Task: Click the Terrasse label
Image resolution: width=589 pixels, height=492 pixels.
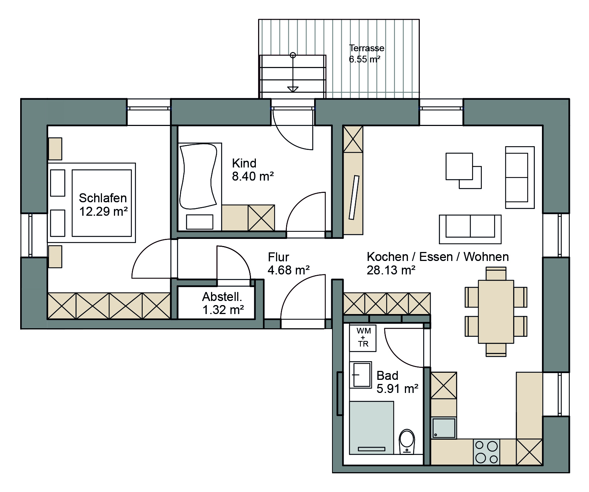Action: pyautogui.click(x=366, y=48)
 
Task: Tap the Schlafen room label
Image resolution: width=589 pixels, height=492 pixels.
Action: pyautogui.click(x=103, y=198)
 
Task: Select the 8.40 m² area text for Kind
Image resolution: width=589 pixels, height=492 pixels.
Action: pyautogui.click(x=253, y=176)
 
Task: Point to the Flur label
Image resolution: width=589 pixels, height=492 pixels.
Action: pyautogui.click(x=278, y=257)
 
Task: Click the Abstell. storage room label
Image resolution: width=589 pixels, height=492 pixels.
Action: pyautogui.click(x=222, y=296)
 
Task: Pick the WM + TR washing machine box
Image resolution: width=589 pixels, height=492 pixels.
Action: pyautogui.click(x=363, y=338)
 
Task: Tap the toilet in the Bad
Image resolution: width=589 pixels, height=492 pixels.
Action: pyautogui.click(x=406, y=442)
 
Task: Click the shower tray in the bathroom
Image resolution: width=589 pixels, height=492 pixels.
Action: pyautogui.click(x=372, y=428)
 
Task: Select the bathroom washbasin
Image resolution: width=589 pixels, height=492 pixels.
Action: pyautogui.click(x=360, y=375)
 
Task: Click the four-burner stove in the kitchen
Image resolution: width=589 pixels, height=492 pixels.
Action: pyautogui.click(x=486, y=452)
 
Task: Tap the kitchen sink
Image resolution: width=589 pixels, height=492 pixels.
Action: pyautogui.click(x=444, y=428)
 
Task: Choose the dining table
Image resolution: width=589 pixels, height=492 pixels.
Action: pyautogui.click(x=496, y=312)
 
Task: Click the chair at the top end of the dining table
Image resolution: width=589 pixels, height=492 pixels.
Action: pyautogui.click(x=496, y=274)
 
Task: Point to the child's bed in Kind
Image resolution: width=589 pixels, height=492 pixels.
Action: pyautogui.click(x=199, y=187)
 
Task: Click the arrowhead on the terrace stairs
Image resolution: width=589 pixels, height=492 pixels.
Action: pyautogui.click(x=293, y=89)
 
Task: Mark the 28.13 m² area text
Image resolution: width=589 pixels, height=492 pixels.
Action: pyautogui.click(x=391, y=270)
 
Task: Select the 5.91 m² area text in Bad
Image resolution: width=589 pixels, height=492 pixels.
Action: pyautogui.click(x=397, y=389)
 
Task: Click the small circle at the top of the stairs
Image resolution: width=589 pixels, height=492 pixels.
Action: pyautogui.click(x=293, y=55)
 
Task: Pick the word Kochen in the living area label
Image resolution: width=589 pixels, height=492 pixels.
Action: pyautogui.click(x=387, y=257)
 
